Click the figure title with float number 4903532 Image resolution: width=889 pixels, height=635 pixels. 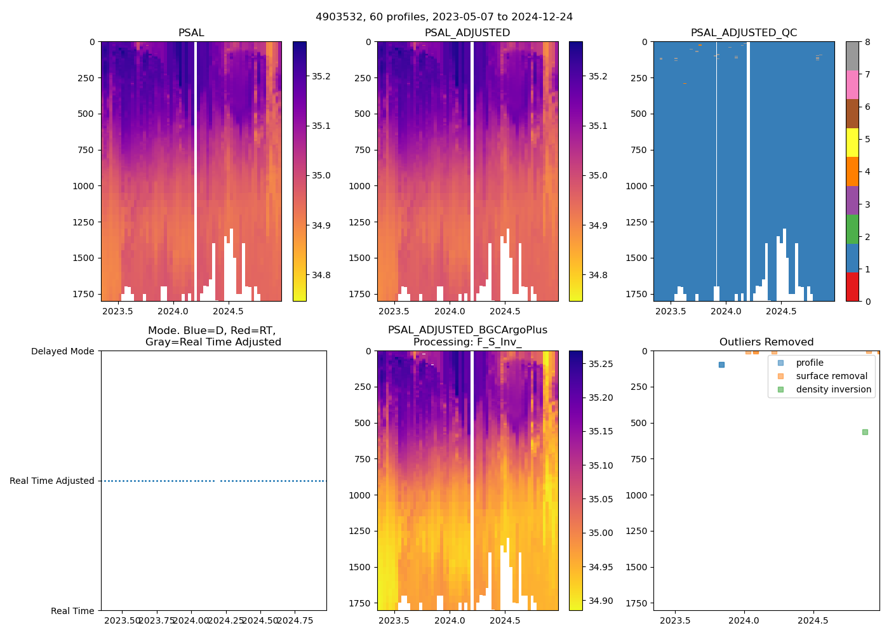point(444,17)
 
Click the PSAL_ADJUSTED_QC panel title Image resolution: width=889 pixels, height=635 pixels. point(744,33)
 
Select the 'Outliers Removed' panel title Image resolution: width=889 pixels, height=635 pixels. point(766,342)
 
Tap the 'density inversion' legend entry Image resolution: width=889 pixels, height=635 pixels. point(833,389)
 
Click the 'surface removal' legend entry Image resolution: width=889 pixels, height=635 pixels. point(831,376)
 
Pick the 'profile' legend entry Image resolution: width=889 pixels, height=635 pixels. point(810,363)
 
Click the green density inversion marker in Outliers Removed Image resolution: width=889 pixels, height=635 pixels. point(865,432)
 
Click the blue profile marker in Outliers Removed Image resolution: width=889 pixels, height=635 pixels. point(721,364)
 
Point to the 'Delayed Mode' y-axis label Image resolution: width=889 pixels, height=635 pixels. point(62,351)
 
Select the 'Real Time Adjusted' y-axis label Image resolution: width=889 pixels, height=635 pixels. point(52,481)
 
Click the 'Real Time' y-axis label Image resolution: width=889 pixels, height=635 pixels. point(72,611)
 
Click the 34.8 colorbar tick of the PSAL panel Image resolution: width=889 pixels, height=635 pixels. point(321,275)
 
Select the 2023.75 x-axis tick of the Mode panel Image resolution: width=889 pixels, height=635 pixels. point(156,620)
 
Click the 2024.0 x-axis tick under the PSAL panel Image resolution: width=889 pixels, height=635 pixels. point(173,311)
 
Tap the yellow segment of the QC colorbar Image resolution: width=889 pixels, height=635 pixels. point(852,142)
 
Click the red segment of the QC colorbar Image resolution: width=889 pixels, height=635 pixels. point(852,286)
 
